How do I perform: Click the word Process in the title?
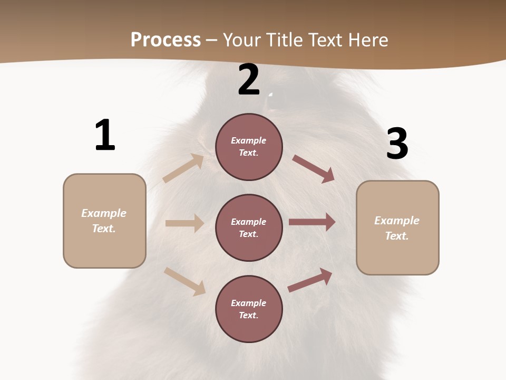166,40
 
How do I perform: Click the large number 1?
105,136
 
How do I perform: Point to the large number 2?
249,80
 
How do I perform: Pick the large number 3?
397,144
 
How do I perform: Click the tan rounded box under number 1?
104,221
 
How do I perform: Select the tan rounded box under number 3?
397,228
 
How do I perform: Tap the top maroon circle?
249,147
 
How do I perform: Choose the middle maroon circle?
249,227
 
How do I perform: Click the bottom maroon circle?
249,309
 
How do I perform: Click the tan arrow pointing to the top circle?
183,168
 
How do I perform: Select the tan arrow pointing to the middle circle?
184,223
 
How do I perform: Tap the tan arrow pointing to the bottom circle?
184,281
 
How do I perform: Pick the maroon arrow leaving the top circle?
313,169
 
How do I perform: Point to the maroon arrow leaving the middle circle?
312,222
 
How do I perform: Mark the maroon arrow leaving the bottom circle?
310,280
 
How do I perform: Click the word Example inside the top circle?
249,140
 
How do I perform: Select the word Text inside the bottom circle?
248,315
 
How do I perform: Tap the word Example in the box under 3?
397,221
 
